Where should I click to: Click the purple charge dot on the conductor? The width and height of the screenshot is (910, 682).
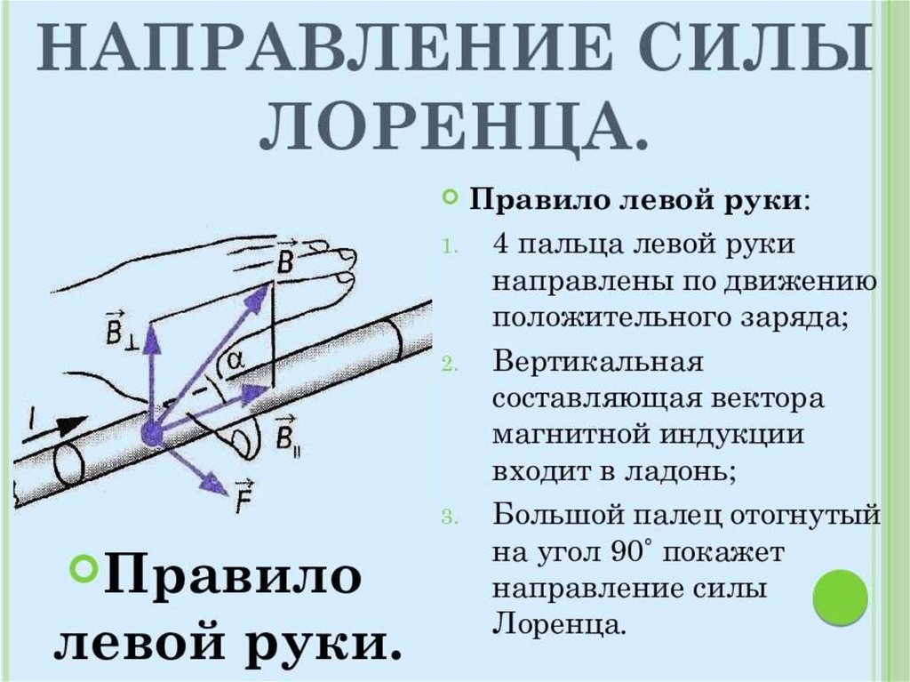[x=151, y=435]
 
